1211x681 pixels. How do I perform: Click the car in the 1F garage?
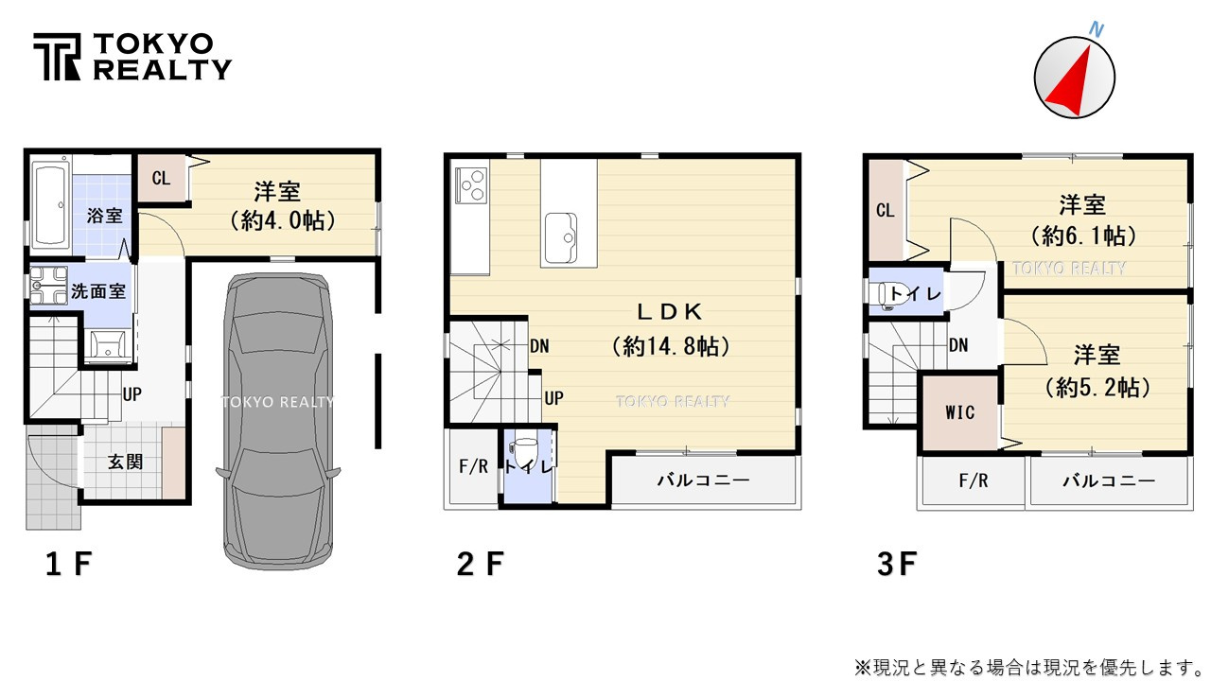click(x=278, y=416)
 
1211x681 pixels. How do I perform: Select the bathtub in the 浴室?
click(x=47, y=206)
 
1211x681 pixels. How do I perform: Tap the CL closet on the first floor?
click(x=162, y=178)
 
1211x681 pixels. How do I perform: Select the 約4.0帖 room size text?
click(x=278, y=221)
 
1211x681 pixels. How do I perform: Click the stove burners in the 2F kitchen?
click(x=470, y=183)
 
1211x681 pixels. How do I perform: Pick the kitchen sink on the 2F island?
click(x=560, y=233)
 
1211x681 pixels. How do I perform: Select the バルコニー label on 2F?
click(x=703, y=480)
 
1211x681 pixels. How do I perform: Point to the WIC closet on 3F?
click(x=959, y=413)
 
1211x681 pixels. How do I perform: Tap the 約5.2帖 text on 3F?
click(x=1097, y=387)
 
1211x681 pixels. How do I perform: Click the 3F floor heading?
click(x=897, y=565)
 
